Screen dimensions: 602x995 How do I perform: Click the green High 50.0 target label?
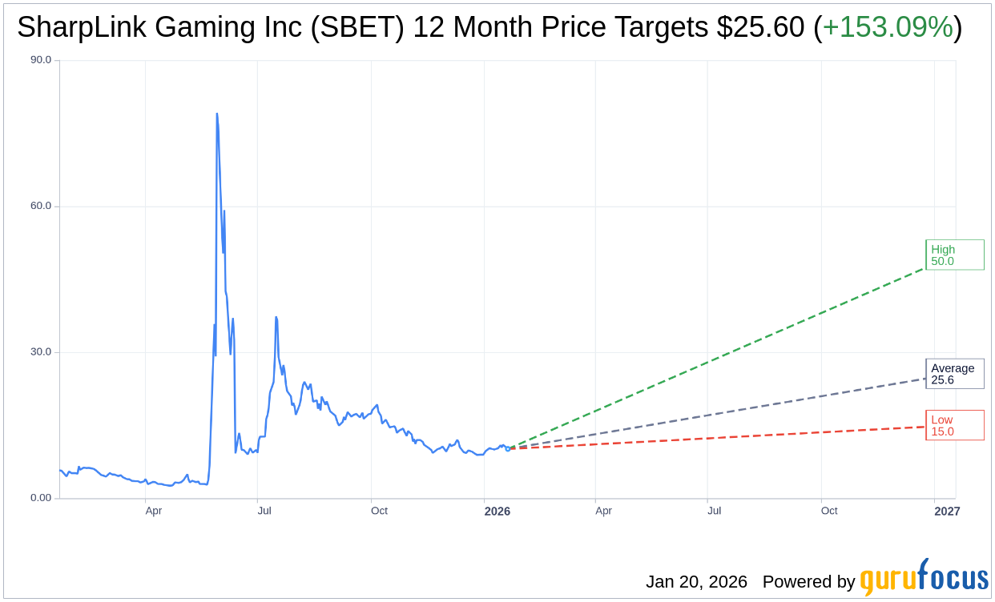click(x=954, y=255)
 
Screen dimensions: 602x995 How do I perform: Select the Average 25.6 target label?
click(x=954, y=374)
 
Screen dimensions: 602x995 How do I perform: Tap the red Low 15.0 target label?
click(x=954, y=425)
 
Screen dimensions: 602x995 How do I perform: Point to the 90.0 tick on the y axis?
click(x=40, y=60)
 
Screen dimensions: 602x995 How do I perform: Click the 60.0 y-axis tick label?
click(x=40, y=206)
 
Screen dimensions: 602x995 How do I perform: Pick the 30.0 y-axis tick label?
click(x=40, y=352)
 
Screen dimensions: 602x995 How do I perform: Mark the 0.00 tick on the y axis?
click(x=40, y=498)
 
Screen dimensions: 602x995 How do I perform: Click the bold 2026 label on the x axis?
click(x=497, y=511)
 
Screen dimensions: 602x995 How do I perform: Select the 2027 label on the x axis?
click(x=946, y=511)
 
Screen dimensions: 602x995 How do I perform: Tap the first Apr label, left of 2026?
click(x=154, y=511)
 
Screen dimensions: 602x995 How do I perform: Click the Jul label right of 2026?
click(x=714, y=511)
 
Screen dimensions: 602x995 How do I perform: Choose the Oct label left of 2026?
click(x=379, y=511)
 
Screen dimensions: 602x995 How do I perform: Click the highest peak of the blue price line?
click(x=216, y=114)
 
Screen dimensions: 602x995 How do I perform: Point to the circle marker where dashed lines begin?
click(x=507, y=448)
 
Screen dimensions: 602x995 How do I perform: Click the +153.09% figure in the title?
click(x=888, y=28)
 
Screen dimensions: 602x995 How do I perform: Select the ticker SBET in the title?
click(x=372, y=28)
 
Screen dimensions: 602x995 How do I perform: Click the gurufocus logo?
click(x=924, y=578)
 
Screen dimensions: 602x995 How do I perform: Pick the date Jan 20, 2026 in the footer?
click(x=696, y=582)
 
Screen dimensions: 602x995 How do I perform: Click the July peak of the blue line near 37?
click(x=276, y=318)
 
